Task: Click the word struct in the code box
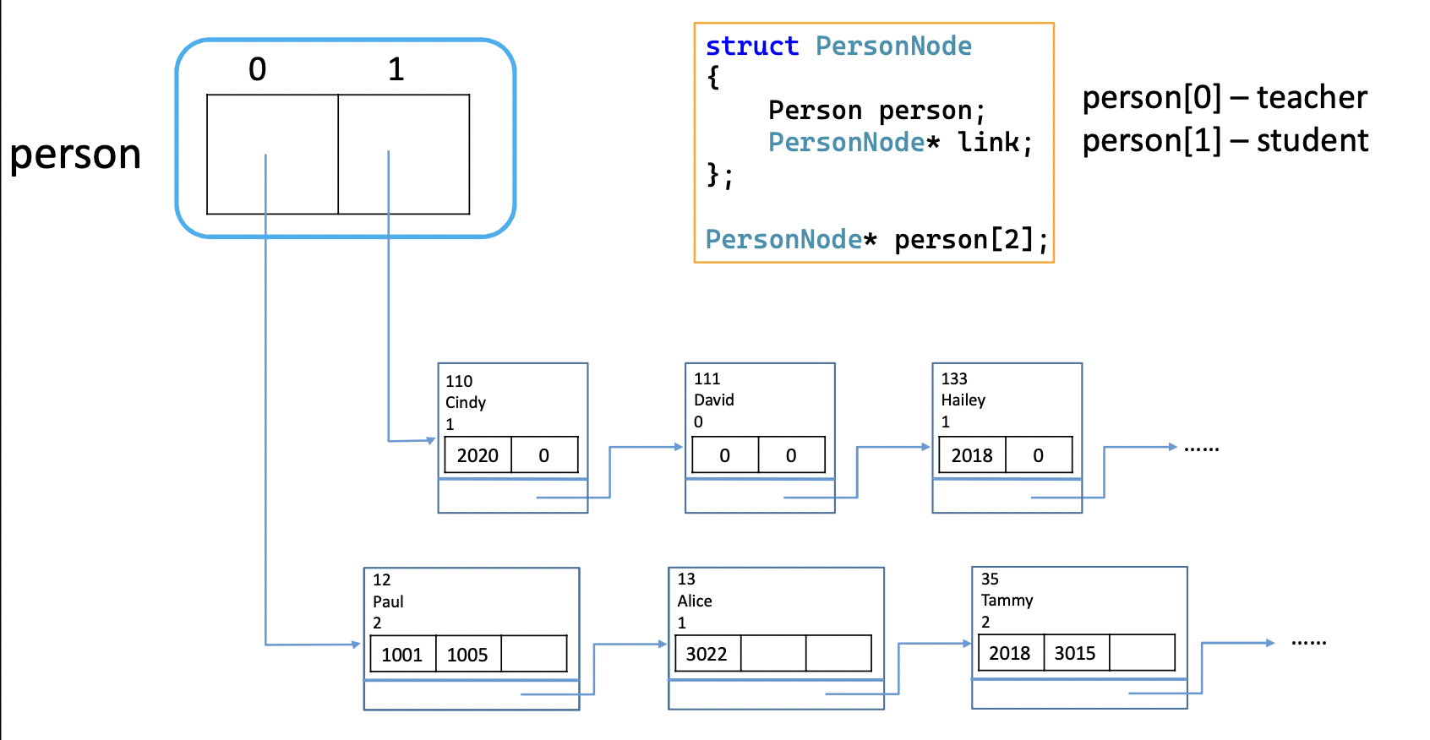pos(751,46)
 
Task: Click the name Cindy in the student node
pos(466,402)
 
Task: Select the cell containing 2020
pos(478,455)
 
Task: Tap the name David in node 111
pos(713,400)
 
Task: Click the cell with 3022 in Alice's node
pos(707,654)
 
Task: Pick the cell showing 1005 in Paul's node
pos(467,655)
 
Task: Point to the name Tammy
pos(1007,600)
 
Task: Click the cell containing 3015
pos(1074,653)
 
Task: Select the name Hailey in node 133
pos(963,400)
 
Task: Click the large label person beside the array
pos(75,155)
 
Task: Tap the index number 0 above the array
pos(258,69)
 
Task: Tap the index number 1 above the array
pos(396,69)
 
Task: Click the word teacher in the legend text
pos(1311,98)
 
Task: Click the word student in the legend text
pos(1312,140)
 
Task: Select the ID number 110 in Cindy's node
pos(459,381)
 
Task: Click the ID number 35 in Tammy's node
pos(990,579)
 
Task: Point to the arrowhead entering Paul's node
pos(357,645)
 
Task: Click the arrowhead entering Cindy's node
pos(431,440)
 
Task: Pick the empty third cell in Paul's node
pos(533,654)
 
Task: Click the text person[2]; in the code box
pos(970,240)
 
